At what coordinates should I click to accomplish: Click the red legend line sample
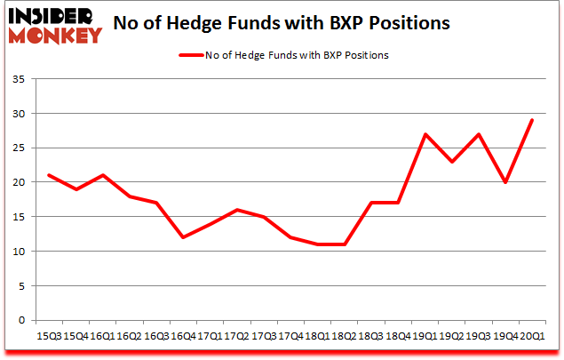(192, 55)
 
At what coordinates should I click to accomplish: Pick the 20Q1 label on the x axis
(532, 335)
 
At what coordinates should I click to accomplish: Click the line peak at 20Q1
(532, 121)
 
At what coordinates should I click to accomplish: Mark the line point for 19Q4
(505, 182)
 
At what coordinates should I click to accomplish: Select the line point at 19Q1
(425, 134)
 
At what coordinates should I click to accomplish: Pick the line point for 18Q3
(372, 203)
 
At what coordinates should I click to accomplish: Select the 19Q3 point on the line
(479, 134)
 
